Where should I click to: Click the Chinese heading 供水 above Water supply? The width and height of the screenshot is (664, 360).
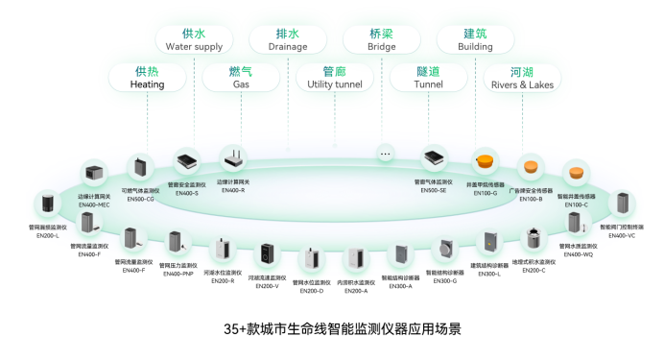click(195, 33)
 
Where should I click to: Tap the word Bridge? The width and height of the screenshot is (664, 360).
click(381, 46)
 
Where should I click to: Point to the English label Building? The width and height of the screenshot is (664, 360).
click(464, 46)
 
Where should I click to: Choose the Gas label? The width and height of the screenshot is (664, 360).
click(241, 84)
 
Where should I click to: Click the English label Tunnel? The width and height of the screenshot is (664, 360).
click(428, 84)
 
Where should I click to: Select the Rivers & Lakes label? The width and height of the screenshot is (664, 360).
click(522, 84)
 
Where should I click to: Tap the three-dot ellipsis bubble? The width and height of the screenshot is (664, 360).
click(386, 154)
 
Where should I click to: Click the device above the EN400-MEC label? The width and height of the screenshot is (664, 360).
click(95, 174)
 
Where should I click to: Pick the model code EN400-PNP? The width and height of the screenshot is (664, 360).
click(177, 274)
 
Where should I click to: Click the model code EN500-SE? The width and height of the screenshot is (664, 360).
click(433, 190)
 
